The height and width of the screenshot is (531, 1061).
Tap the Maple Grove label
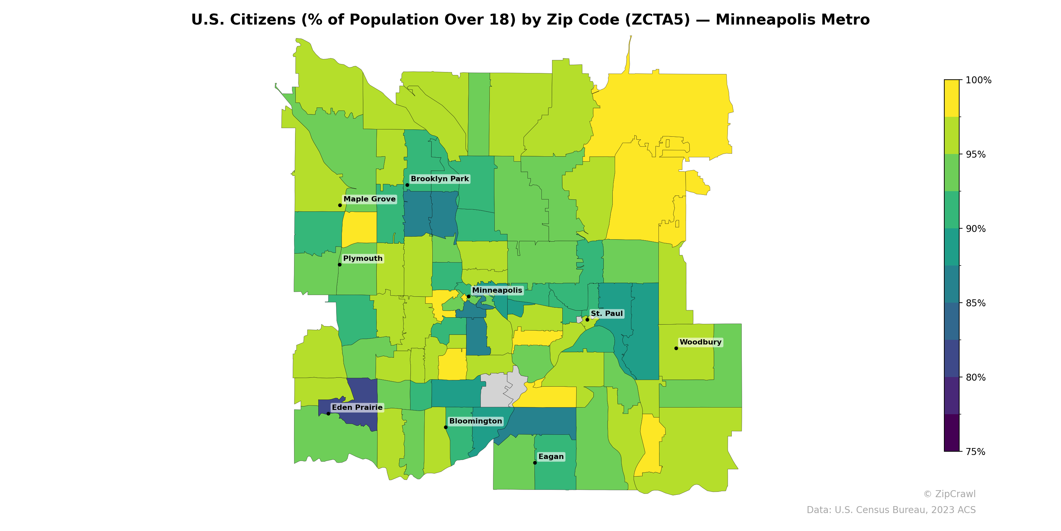(369, 199)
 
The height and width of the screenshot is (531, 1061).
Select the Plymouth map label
(362, 259)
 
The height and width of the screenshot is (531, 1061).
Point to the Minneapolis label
(497, 290)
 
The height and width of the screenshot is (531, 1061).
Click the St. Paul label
(606, 314)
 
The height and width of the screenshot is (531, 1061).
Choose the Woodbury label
(700, 342)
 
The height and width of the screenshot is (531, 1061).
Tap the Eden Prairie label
(357, 407)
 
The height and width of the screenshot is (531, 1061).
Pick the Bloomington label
(475, 421)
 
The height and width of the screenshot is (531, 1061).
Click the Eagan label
(551, 456)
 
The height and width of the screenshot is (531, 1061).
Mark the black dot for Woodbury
(676, 348)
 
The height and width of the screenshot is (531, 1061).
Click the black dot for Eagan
(534, 463)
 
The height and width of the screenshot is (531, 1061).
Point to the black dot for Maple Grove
(340, 205)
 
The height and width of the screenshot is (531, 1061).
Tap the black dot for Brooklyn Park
(407, 185)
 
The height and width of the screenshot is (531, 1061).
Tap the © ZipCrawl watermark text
(949, 494)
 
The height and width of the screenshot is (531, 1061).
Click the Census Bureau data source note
(891, 510)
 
